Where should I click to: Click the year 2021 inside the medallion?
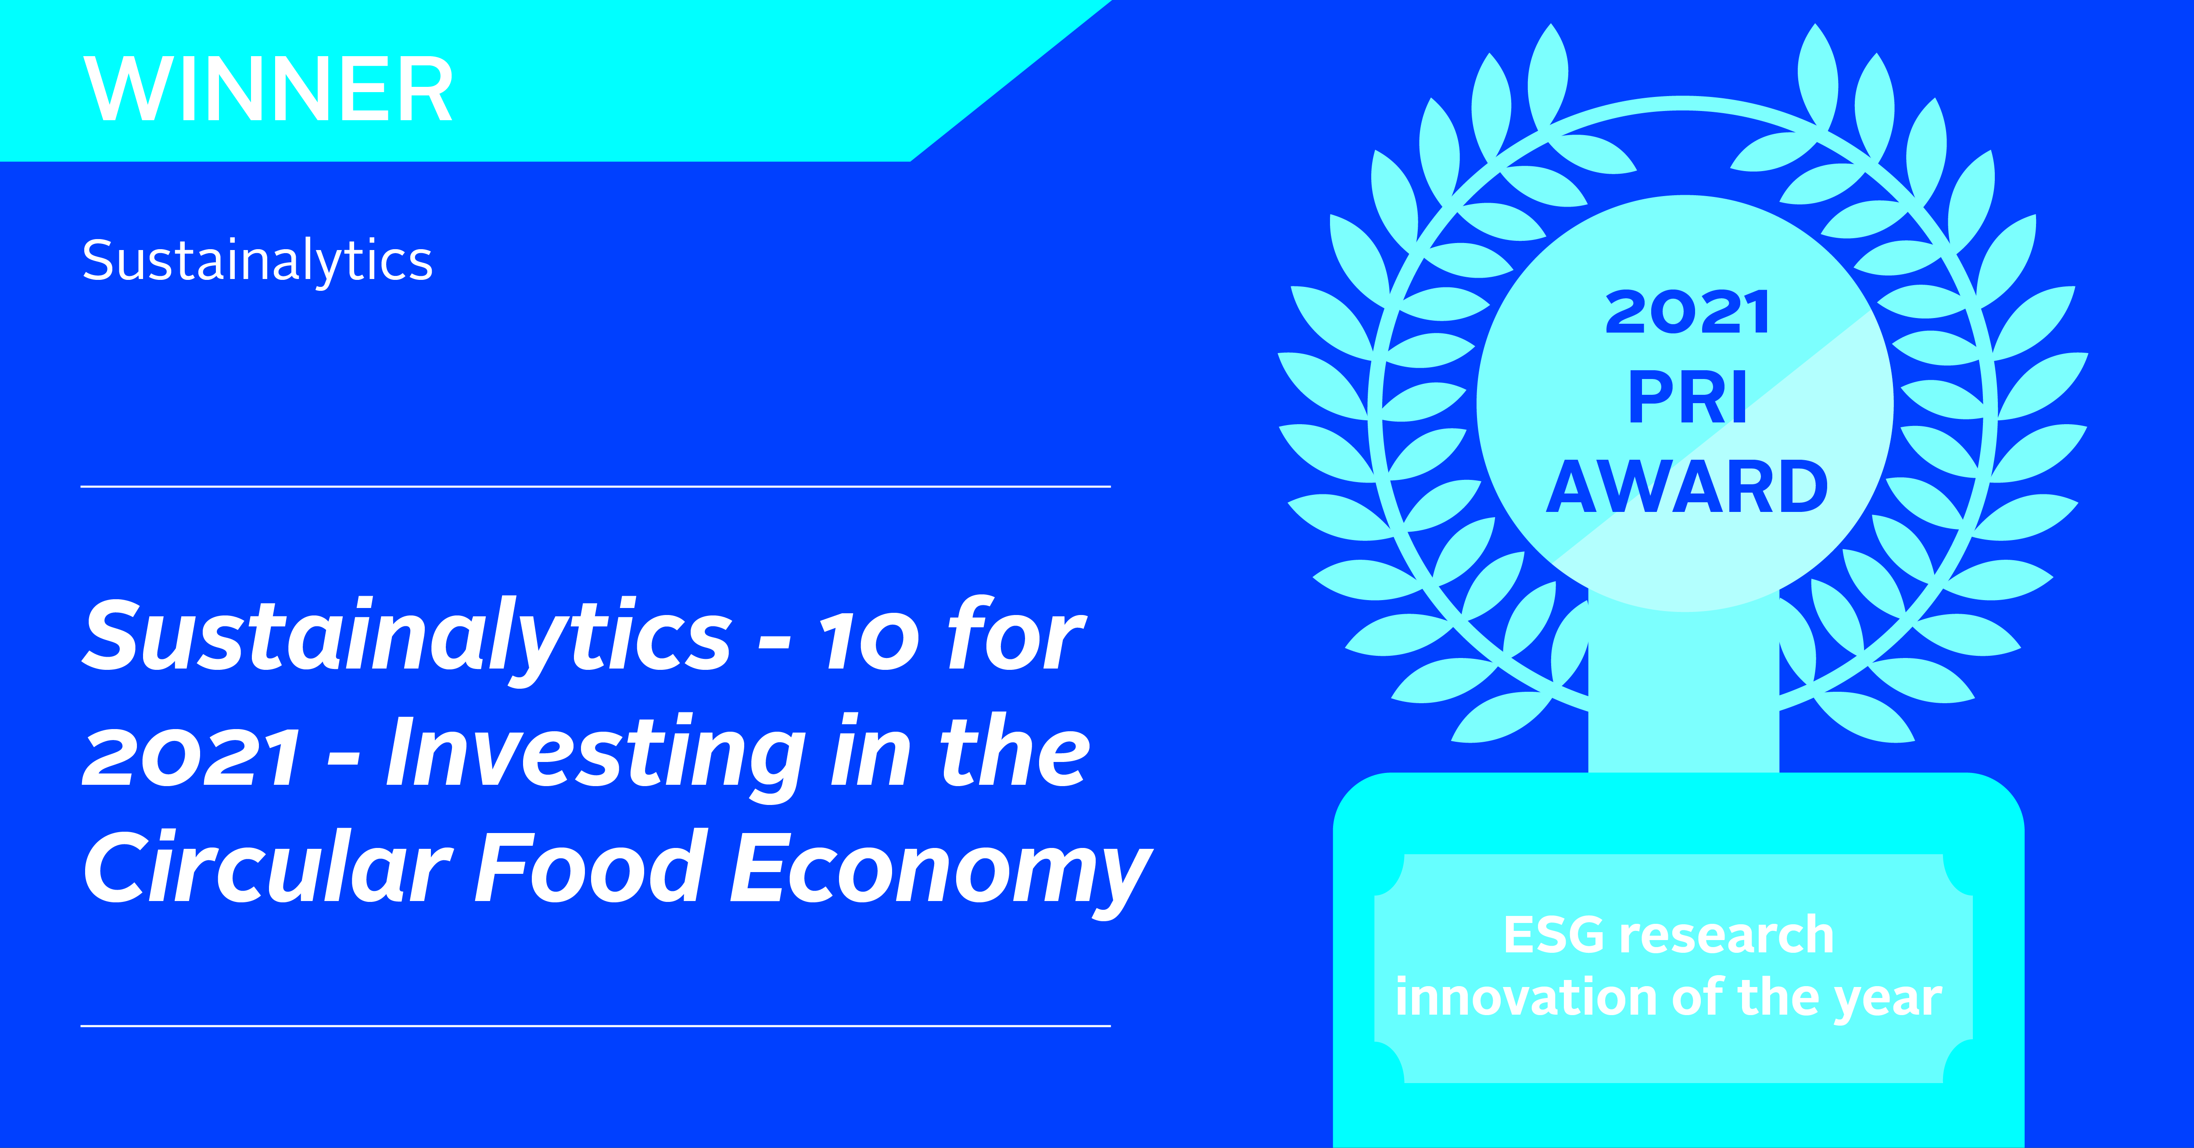point(1687,312)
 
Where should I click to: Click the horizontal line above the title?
point(595,486)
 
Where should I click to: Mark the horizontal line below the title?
point(595,1026)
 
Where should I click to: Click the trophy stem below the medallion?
point(1683,690)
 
